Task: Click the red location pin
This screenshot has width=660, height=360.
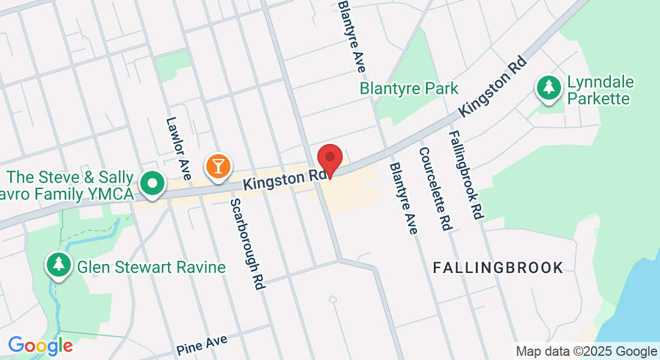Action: point(329,160)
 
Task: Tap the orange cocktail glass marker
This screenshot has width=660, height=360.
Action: point(217,166)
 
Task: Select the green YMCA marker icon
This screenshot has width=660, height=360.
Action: point(153,184)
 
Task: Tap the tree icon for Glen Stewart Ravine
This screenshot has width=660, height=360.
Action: point(59,264)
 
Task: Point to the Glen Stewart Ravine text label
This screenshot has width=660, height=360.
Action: point(151,266)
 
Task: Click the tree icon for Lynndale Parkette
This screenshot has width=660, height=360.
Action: point(548,88)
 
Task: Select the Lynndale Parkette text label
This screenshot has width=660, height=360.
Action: point(600,91)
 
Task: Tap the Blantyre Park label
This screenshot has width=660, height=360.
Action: point(409,89)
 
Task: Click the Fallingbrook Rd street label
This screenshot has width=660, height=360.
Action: point(466,175)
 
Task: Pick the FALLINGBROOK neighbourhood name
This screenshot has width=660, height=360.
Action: point(498,268)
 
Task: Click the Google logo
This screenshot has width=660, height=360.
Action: point(40,346)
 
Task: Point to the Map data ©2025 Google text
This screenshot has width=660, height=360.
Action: point(586,352)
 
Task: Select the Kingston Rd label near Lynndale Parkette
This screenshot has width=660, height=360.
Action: point(492,87)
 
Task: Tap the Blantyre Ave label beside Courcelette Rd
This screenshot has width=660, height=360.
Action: point(403,198)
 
